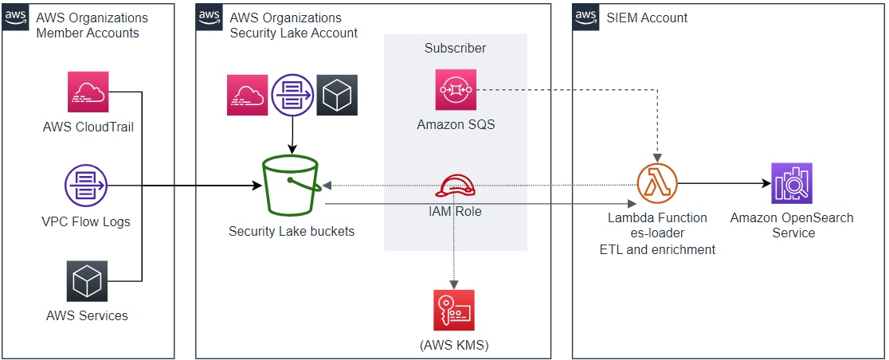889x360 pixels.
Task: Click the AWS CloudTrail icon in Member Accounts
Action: coord(88,92)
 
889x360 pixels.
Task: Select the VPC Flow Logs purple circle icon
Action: coord(85,186)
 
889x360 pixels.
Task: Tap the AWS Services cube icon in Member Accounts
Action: coord(88,281)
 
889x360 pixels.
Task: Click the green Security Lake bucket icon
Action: coord(291,186)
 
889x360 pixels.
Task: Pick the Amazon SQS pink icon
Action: coord(456,89)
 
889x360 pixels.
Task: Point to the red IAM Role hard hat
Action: coord(456,186)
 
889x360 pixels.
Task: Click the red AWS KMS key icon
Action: coord(454,310)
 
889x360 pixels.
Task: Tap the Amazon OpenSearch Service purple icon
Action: coord(792,184)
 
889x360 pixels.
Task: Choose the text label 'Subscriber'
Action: coord(455,48)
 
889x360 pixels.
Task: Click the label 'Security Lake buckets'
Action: coord(291,232)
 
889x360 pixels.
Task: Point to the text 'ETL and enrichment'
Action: coord(657,249)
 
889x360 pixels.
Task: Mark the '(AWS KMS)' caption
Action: coord(454,345)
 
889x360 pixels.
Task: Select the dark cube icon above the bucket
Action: coord(337,96)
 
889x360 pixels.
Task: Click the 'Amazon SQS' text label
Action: coord(456,124)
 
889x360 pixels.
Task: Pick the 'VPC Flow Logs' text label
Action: coord(86,222)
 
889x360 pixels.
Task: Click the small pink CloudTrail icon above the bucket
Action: coord(247,96)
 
